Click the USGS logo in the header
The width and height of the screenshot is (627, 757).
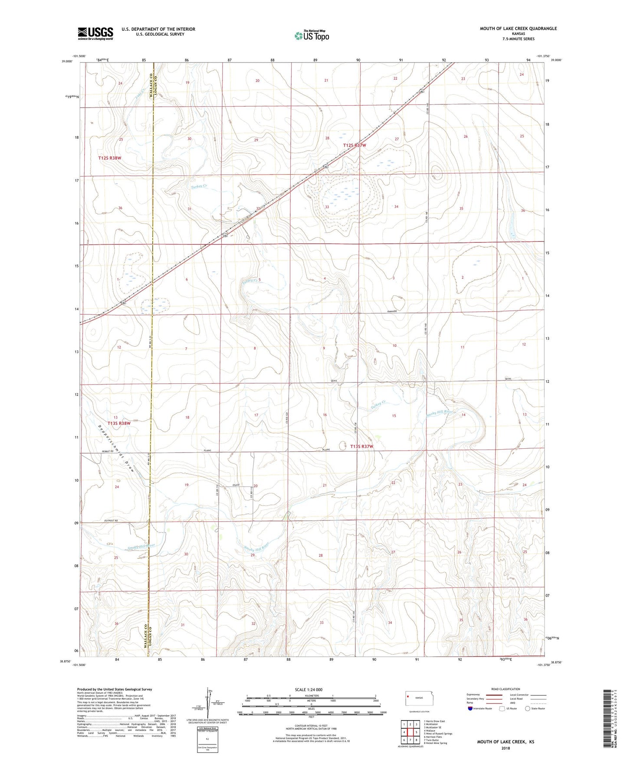95,33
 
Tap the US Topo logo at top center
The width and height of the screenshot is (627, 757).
311,36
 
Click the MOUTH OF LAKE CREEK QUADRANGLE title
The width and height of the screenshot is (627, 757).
518,29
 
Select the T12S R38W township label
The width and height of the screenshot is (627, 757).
109,158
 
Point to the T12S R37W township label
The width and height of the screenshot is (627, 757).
355,146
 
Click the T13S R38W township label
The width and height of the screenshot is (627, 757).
119,423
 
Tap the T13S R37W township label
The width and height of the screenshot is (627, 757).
361,446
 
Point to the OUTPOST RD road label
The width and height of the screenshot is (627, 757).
111,520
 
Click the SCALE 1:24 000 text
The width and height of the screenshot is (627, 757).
309,690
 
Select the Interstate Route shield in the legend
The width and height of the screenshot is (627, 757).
470,708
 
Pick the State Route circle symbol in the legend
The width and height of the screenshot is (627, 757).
528,708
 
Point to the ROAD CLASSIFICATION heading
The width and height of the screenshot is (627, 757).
505,689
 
